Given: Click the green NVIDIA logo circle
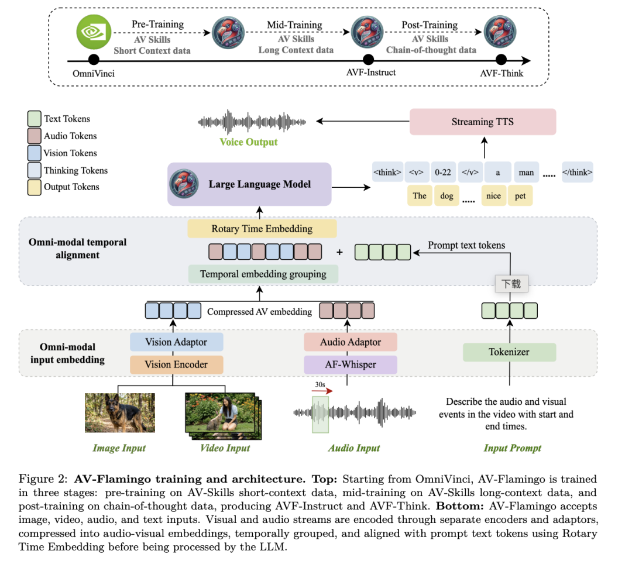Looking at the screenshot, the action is tap(94, 32).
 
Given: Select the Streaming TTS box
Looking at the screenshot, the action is tap(482, 122).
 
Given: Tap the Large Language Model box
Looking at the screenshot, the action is tap(249, 184).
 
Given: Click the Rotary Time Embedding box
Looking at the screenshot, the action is tap(262, 229).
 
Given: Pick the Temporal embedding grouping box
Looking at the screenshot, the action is tap(263, 274).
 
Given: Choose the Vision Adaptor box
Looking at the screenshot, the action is tap(177, 342).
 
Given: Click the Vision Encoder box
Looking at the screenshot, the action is tap(177, 364).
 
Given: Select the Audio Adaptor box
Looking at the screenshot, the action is tap(351, 342).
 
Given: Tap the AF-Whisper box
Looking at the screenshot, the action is tap(351, 364).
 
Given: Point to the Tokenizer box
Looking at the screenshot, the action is tap(510, 352).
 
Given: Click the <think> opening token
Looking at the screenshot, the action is tap(387, 172).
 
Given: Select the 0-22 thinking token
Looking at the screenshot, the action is tap(443, 172).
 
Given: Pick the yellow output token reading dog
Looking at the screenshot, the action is tap(446, 195).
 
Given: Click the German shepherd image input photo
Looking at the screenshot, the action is tap(120, 412).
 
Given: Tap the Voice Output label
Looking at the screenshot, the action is tap(248, 142).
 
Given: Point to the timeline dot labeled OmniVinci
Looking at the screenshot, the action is tap(94, 60).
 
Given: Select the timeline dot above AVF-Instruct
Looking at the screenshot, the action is tap(369, 60).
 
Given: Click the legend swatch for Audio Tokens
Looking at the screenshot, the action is tap(35, 136).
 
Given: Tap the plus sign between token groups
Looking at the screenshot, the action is tap(340, 252).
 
